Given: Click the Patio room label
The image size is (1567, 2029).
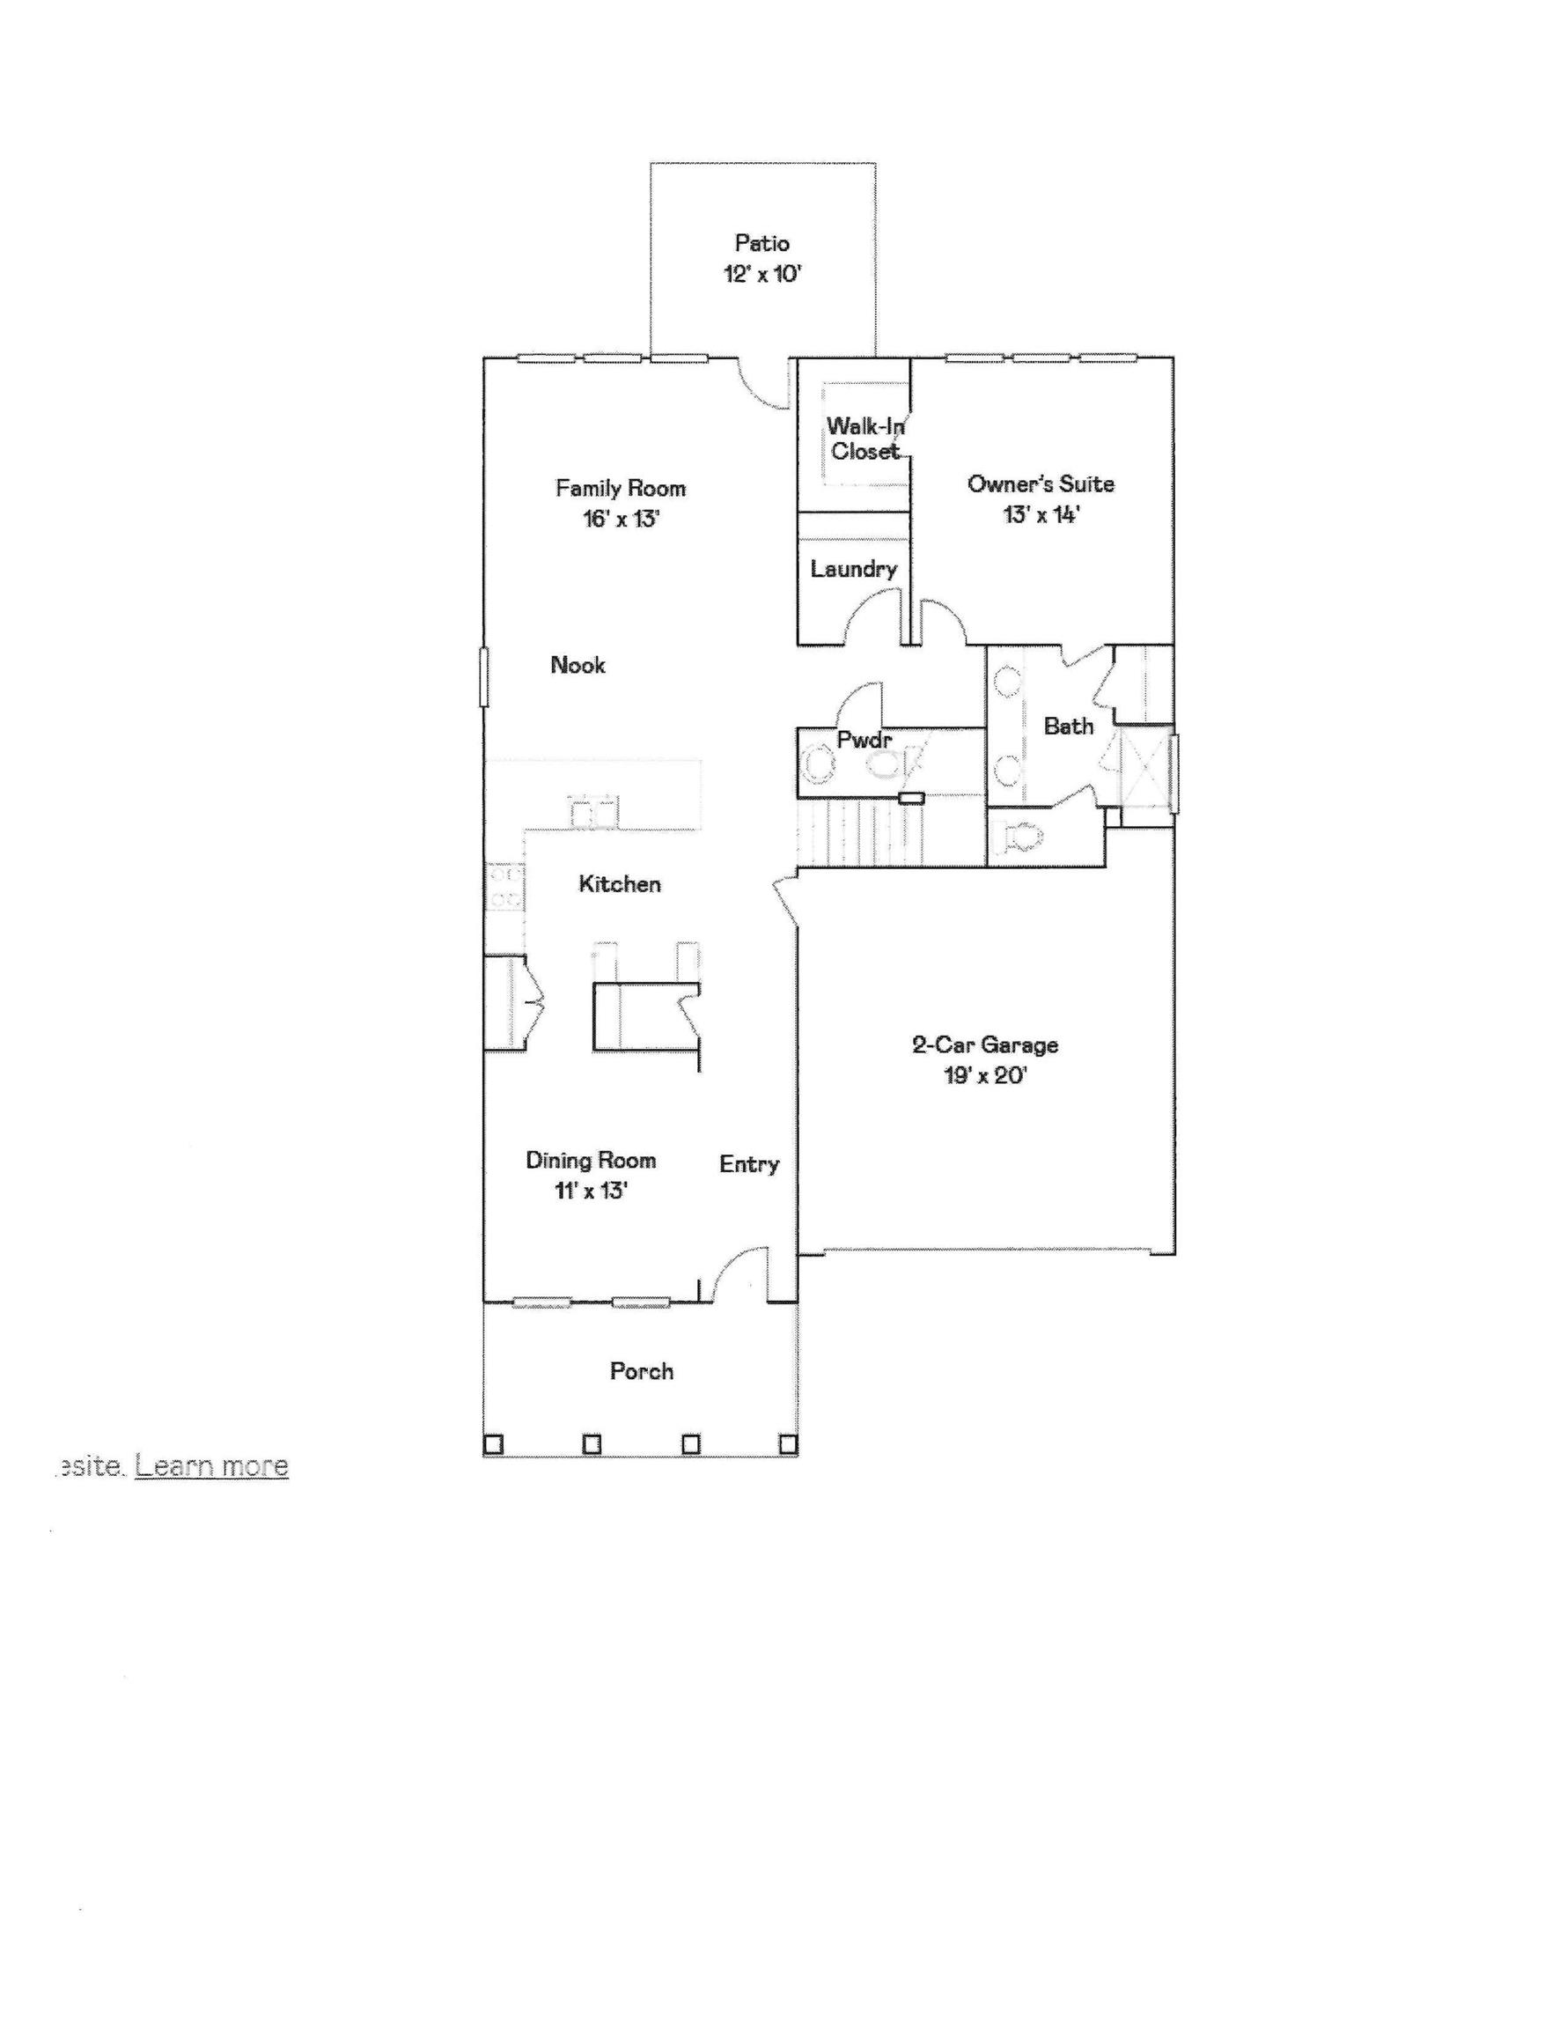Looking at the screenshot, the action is [761, 243].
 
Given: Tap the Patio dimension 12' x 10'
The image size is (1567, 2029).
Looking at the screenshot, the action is [761, 274].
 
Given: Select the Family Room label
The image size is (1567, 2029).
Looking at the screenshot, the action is [621, 488].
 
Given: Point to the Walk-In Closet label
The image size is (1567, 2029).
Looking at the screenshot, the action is [865, 439].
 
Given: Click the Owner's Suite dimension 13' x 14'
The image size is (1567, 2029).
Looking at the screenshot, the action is [1041, 515].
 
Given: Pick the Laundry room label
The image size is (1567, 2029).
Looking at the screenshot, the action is [854, 570].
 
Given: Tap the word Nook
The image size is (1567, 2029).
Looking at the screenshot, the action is [578, 665].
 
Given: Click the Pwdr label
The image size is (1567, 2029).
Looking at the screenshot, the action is [864, 741].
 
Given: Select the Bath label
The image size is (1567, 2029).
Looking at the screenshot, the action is [1068, 727].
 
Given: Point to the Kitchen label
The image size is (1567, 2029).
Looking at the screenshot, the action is [620, 883].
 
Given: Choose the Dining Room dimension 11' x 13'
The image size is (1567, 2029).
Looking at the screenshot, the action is [592, 1191].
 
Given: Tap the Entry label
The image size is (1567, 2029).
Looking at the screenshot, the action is [748, 1165].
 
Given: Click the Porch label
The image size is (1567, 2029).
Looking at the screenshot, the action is [641, 1371].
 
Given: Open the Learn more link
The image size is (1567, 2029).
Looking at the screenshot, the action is [212, 1466].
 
